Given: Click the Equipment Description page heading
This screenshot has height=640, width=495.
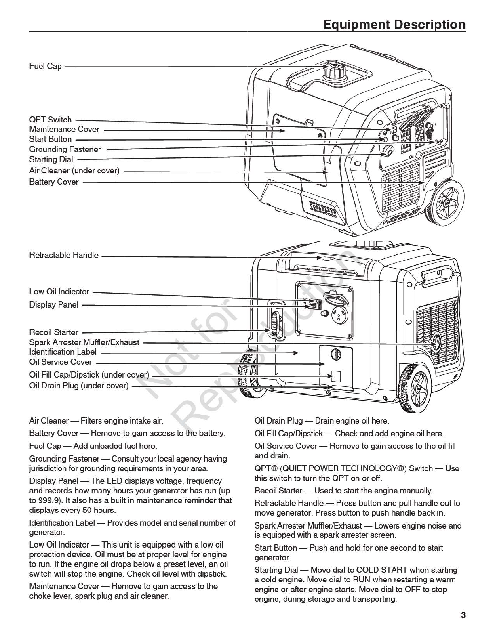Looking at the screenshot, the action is [x=394, y=25].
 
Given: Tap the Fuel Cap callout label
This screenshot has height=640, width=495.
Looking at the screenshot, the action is [x=45, y=66].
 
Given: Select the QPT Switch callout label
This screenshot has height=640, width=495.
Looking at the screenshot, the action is [x=51, y=120].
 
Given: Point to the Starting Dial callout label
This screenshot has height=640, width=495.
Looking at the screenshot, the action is [x=51, y=159].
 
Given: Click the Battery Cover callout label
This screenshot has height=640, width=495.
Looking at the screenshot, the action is [x=54, y=182].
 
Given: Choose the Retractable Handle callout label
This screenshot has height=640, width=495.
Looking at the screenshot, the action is [x=64, y=255].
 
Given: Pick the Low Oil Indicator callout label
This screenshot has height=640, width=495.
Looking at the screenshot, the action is [x=59, y=292].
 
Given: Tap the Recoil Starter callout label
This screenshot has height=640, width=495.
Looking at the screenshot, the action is [x=54, y=332].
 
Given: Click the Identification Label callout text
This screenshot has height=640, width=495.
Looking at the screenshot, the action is [x=63, y=352].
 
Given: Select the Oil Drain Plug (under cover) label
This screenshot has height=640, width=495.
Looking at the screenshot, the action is [x=79, y=386].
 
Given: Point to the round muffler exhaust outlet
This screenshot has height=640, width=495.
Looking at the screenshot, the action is [x=436, y=344].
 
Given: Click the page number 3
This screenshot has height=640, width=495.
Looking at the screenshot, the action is [x=463, y=615].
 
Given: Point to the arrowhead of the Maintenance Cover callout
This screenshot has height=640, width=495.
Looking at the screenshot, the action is [x=282, y=130].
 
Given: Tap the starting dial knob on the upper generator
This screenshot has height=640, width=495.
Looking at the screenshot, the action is [x=387, y=152].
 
